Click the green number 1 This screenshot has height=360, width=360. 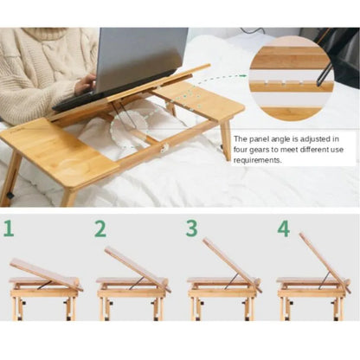[x=10, y=229]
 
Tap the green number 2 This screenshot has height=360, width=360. [x=100, y=229]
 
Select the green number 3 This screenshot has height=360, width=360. [x=191, y=229]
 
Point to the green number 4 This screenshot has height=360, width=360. [x=283, y=229]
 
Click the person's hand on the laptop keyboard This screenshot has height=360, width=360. [x=85, y=84]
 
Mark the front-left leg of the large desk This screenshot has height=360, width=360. [x=12, y=177]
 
